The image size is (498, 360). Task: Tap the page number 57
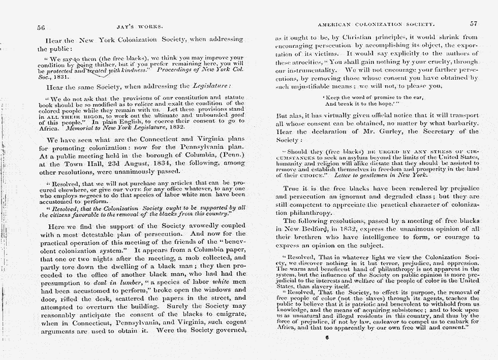pos(474,24)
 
